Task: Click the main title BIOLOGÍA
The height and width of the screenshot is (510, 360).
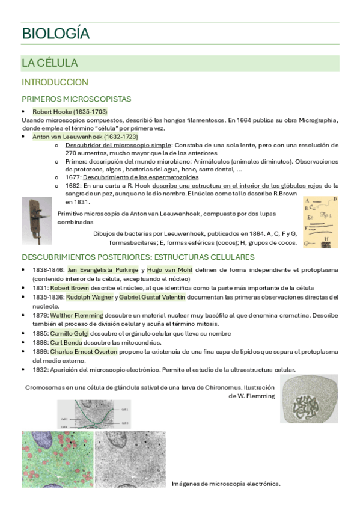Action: point(55,34)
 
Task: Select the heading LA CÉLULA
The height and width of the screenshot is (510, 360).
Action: point(49,63)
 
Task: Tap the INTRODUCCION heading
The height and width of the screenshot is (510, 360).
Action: point(55,82)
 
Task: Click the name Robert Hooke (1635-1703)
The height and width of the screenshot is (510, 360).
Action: point(70,112)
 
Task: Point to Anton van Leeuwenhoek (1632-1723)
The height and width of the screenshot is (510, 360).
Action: point(85,137)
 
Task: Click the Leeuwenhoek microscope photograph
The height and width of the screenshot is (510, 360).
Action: point(37,220)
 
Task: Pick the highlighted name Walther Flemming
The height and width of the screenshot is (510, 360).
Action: point(76,315)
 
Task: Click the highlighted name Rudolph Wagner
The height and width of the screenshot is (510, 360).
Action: point(84,297)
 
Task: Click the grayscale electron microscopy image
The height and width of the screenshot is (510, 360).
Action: point(129,459)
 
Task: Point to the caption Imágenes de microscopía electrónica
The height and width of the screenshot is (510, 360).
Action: point(226,483)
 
